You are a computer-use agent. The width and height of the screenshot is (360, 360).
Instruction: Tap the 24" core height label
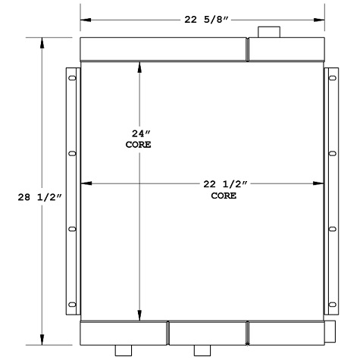click(138, 138)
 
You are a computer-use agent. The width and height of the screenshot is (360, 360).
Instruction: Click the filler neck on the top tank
click(269, 32)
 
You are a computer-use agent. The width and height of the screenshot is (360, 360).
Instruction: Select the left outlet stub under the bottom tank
click(123, 350)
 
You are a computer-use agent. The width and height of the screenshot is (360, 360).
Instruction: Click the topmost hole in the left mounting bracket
click(72, 78)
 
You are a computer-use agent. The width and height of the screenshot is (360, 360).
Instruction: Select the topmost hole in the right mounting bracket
click(333, 78)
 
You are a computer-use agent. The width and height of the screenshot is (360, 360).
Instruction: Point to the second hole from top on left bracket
click(72, 153)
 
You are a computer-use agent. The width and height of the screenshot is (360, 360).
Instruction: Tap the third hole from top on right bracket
click(333, 228)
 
